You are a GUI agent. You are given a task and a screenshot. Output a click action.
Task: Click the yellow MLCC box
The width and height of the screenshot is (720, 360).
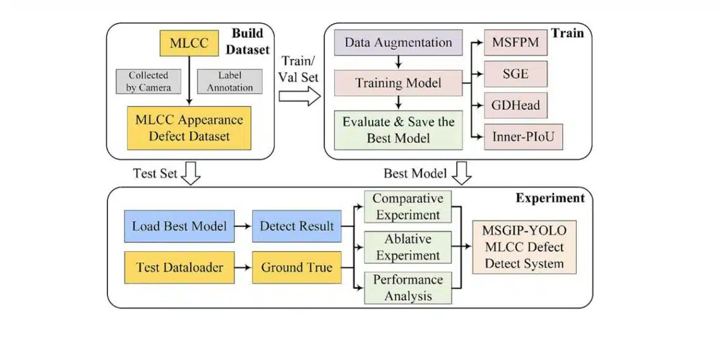click(x=188, y=44)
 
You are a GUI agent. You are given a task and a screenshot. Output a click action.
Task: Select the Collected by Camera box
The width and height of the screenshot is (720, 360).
click(x=148, y=81)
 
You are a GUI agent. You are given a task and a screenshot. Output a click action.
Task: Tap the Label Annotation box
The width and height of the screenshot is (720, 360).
click(x=229, y=81)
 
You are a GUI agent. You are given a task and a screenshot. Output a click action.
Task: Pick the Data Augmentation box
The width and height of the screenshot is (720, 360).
click(x=398, y=43)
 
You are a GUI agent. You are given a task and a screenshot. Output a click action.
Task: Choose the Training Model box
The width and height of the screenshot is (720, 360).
click(x=398, y=83)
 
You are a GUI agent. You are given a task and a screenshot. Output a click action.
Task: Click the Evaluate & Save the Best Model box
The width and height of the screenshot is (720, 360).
click(x=398, y=129)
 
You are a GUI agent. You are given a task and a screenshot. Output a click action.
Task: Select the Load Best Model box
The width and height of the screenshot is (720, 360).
click(x=179, y=226)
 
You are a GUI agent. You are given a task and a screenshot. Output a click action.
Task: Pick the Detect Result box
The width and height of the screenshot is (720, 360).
click(x=296, y=226)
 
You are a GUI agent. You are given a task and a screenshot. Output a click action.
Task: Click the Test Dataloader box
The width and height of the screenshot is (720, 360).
click(x=179, y=267)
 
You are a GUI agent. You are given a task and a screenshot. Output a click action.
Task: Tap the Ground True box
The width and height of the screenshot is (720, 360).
click(x=296, y=267)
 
